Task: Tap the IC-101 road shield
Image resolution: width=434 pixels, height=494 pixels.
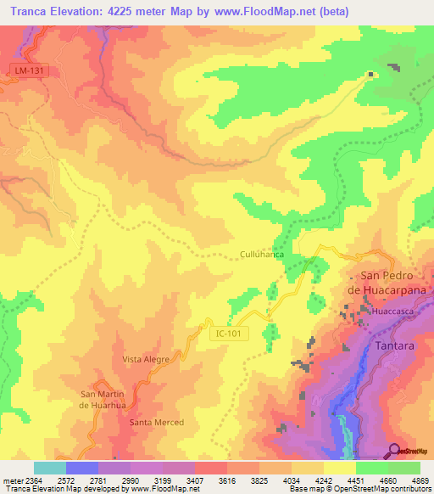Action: coord(227,334)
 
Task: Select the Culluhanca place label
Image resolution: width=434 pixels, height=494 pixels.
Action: coord(261,254)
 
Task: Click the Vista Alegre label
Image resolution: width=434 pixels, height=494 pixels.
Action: coord(146,359)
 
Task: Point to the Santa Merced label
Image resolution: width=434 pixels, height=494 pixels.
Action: coord(156,422)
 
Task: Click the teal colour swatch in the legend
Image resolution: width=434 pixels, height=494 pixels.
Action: coord(49,468)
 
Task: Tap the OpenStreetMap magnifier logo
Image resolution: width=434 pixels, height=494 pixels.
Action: coord(395,451)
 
